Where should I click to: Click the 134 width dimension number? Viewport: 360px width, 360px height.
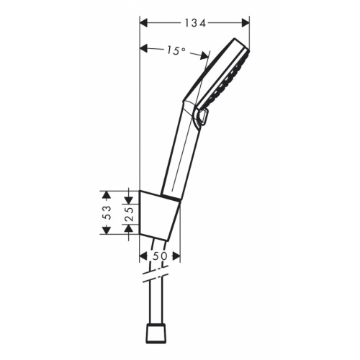pyautogui.click(x=194, y=23)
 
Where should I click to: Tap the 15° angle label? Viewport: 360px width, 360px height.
pyautogui.click(x=175, y=50)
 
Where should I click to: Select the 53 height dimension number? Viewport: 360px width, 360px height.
pyautogui.click(x=106, y=212)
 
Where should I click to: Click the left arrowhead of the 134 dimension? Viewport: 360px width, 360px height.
pyautogui.click(x=143, y=23)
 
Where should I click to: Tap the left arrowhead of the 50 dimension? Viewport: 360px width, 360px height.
pyautogui.click(x=143, y=256)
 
